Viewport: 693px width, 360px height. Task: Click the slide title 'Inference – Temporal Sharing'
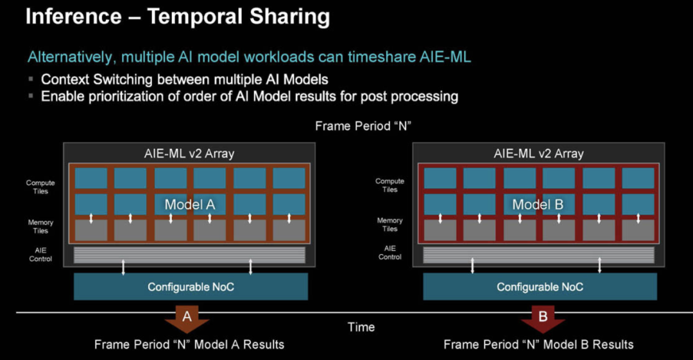coord(178,17)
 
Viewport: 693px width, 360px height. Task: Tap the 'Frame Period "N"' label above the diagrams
coord(363,126)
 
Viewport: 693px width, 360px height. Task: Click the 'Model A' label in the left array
coord(189,204)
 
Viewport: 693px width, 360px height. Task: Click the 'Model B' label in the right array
coord(538,204)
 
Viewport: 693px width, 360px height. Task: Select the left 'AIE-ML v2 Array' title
coord(189,153)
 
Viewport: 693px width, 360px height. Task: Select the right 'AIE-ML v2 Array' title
coord(538,153)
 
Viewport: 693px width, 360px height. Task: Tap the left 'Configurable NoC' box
coord(191,287)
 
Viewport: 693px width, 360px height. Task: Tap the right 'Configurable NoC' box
coord(540,287)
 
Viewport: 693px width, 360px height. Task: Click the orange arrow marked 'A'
coord(187,319)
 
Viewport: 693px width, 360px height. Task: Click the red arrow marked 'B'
coord(543,319)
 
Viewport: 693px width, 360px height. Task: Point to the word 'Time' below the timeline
coord(361,327)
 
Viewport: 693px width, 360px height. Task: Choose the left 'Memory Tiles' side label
coord(40,227)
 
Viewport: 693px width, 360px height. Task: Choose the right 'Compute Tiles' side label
coord(390,185)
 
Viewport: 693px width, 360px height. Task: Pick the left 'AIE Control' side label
coord(40,254)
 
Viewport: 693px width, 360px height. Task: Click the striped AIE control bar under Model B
coord(538,255)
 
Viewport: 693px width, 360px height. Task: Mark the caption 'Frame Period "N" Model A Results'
coord(189,345)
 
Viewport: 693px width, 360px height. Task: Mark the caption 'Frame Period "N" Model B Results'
coord(538,345)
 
